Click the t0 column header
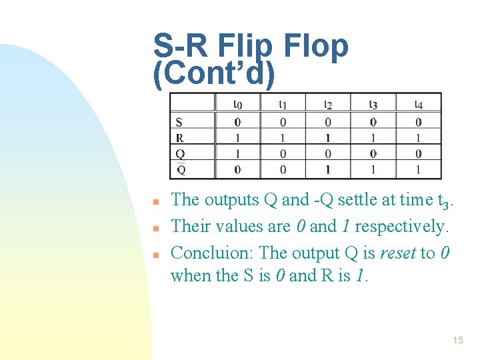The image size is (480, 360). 237,104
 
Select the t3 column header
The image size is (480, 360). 373,104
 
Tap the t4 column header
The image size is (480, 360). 418,104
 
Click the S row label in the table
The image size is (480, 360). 179,122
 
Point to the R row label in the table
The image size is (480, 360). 179,138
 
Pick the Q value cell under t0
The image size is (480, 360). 237,154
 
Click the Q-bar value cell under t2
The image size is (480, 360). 328,170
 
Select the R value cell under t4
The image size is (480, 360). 418,138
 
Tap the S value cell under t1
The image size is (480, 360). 283,122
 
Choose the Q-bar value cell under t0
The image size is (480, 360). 237,170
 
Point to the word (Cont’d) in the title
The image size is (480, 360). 213,74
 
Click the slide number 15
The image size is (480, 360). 457,341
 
